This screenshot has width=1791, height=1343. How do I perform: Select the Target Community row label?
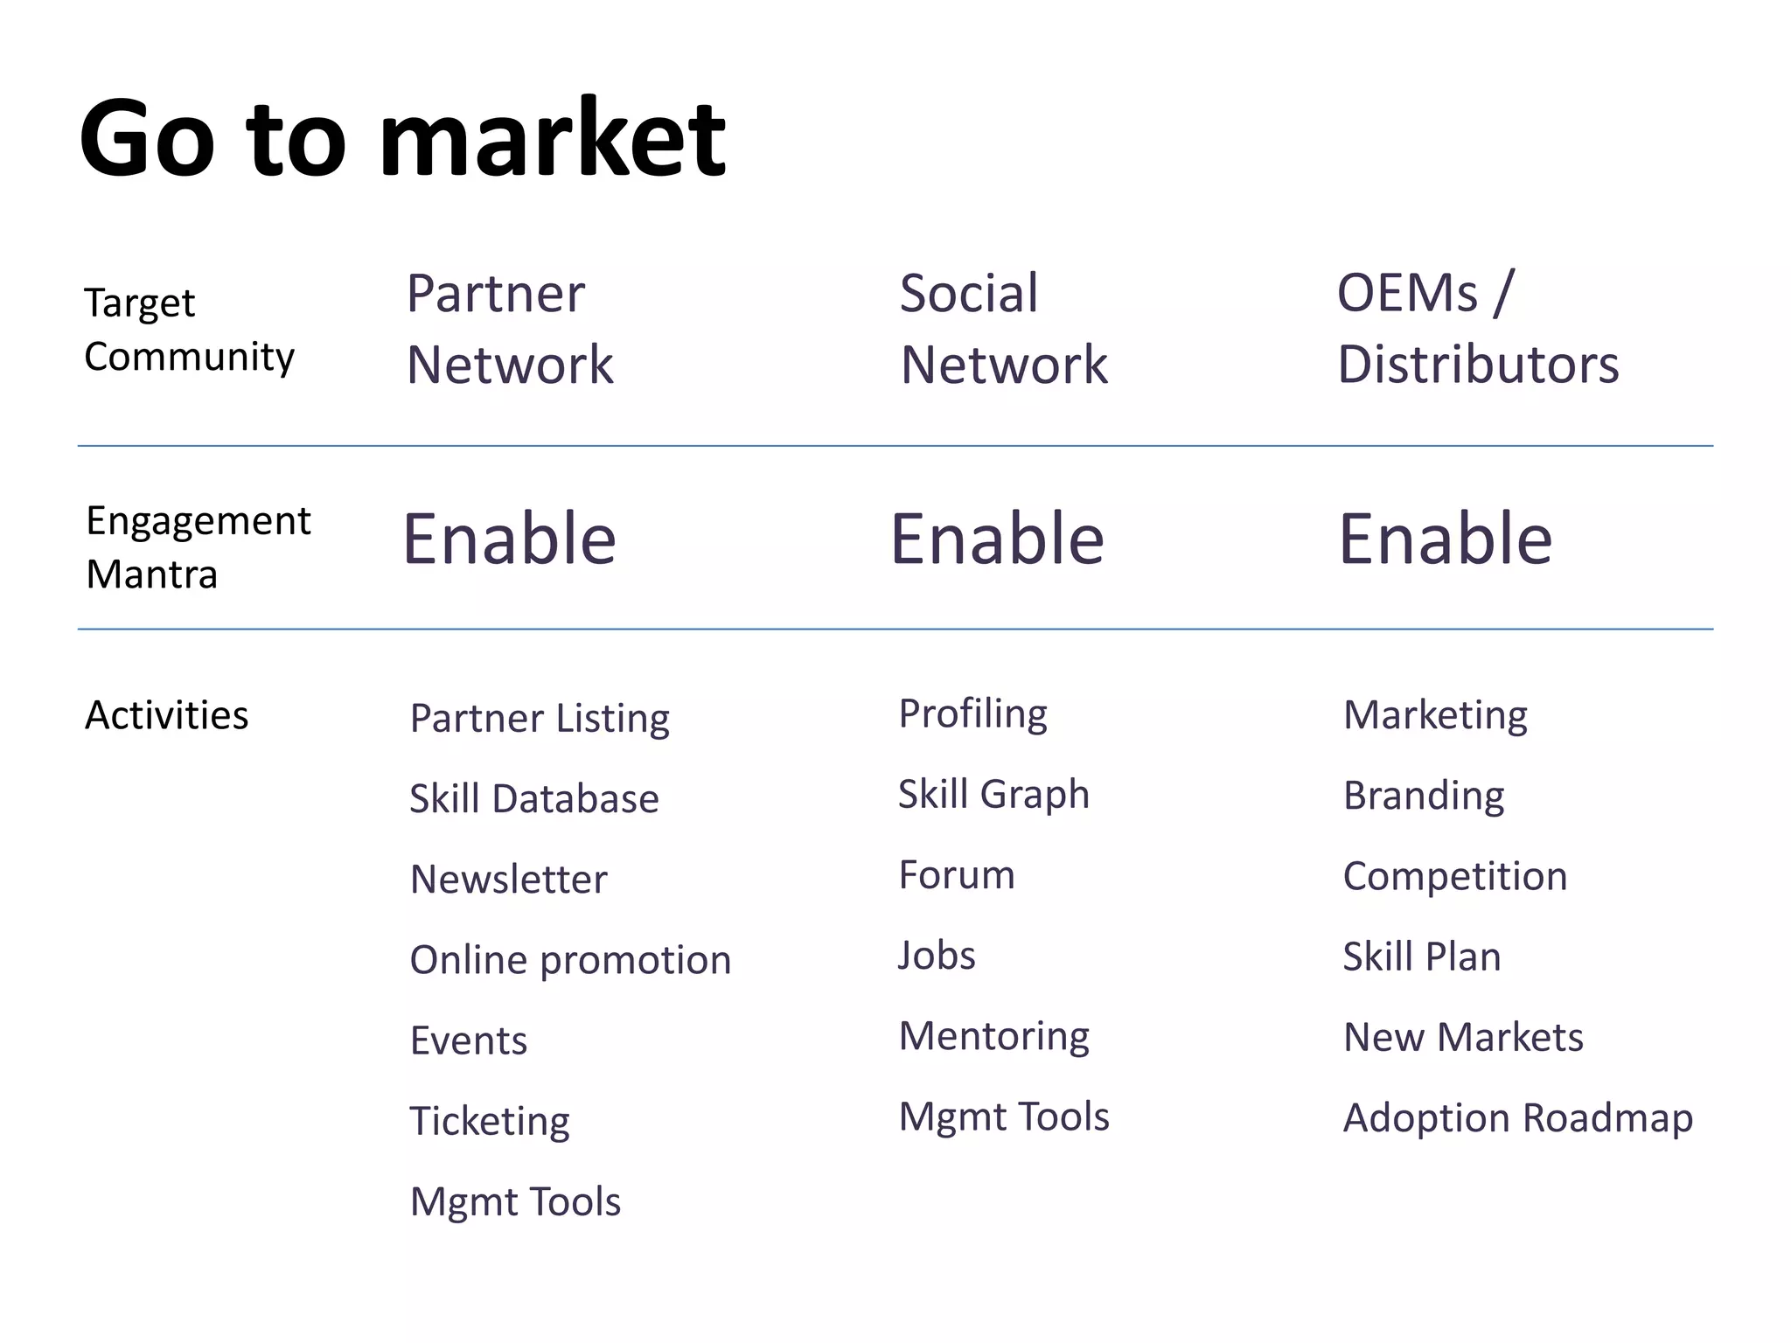pos(189,331)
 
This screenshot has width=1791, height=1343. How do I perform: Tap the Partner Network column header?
pos(510,329)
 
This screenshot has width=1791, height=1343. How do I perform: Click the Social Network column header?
pos(1003,329)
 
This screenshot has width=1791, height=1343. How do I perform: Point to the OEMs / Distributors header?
pos(1477,329)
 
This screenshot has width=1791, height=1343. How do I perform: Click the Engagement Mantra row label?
pos(198,547)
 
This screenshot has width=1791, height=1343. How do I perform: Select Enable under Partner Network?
pos(509,539)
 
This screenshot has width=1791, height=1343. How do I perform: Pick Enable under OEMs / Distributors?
pos(1445,539)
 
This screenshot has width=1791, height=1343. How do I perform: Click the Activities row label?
pos(166,715)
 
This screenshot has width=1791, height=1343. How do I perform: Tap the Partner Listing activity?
pos(540,719)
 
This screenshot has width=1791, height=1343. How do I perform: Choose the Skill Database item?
pos(533,799)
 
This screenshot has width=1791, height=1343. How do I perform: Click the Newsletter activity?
pos(508,880)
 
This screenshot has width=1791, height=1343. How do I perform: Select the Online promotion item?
pos(570,960)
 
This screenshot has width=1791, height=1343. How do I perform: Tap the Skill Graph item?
pos(993,795)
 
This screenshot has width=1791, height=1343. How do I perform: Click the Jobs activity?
pos(937,956)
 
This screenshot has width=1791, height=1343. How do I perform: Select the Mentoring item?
pos(993,1037)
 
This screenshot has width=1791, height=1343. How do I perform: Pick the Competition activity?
pos(1454,876)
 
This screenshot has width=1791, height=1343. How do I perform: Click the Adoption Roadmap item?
pos(1517,1118)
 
